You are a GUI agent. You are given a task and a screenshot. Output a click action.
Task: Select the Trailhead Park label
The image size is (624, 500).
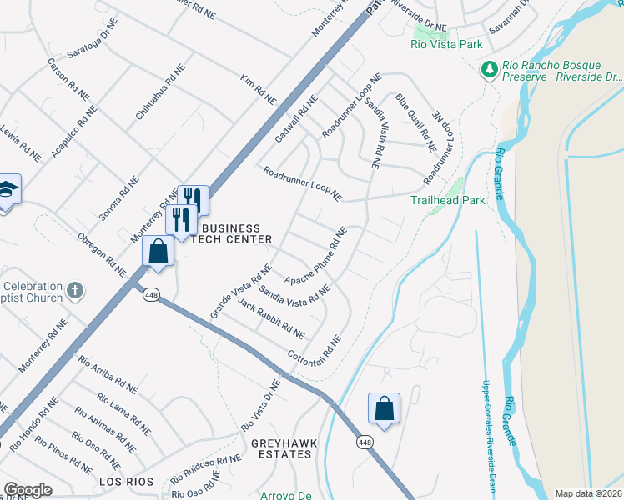click(447, 201)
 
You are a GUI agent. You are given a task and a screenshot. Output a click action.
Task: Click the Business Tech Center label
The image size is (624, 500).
click(231, 233)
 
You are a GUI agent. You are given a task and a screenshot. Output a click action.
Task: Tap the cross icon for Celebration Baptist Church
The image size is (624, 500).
click(75, 291)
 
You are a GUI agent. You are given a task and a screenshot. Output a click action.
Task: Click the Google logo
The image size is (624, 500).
click(28, 489)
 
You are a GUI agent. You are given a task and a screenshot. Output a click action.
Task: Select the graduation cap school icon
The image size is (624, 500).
click(8, 191)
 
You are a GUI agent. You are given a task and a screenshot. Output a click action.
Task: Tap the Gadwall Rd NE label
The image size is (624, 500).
click(296, 118)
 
